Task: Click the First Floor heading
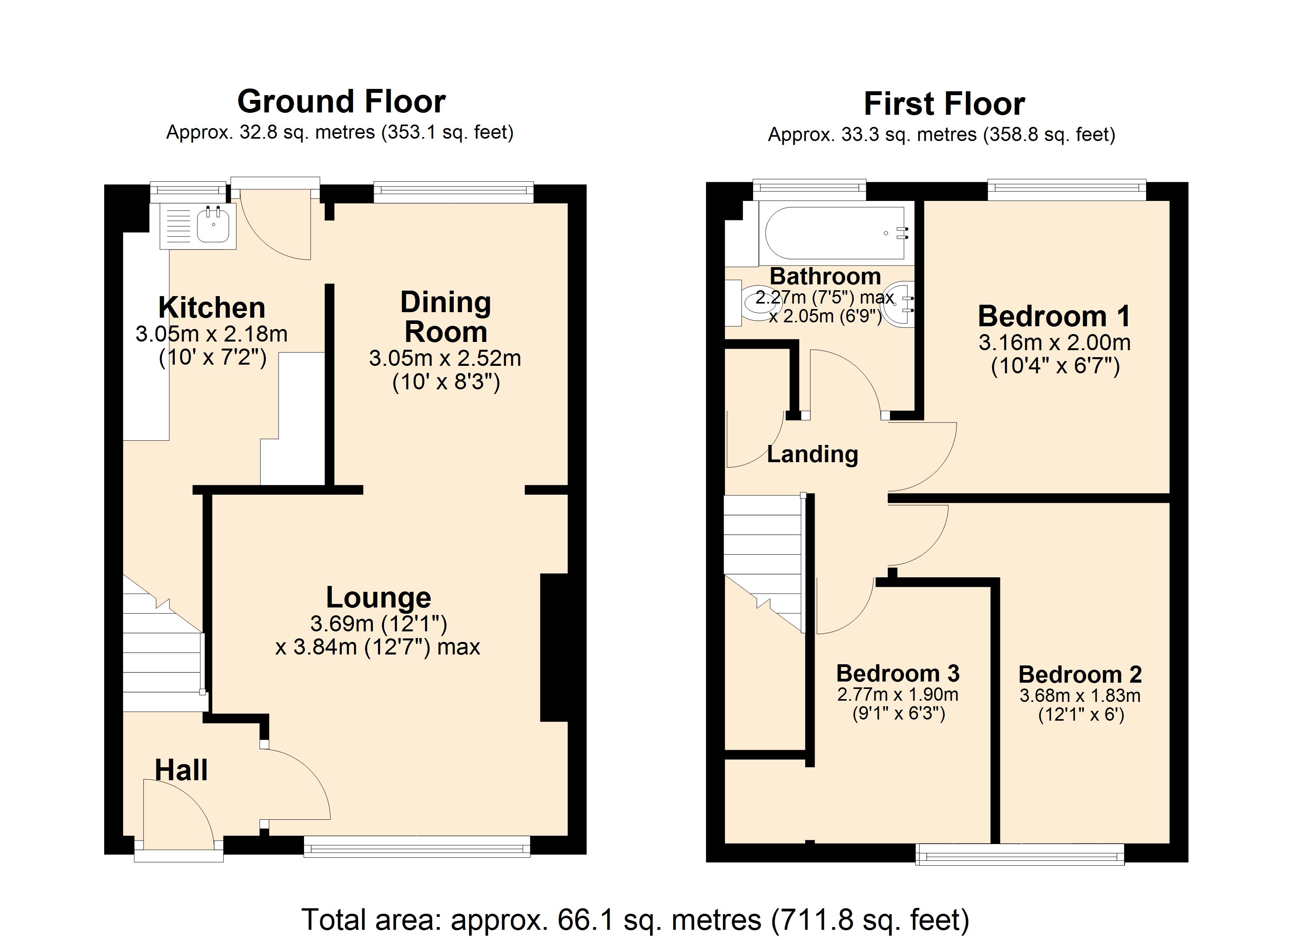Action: coord(944,104)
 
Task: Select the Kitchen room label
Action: coord(212,308)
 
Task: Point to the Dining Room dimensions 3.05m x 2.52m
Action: coord(445,358)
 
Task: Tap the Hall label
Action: coord(181,770)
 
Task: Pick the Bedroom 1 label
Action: coord(1054,316)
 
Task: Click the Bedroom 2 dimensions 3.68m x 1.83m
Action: coord(1080,696)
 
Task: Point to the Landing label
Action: coord(812,454)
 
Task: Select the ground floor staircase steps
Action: coord(161,661)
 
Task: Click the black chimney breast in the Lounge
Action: coord(554,647)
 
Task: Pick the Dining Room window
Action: coord(453,192)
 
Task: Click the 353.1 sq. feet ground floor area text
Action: coord(447,133)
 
